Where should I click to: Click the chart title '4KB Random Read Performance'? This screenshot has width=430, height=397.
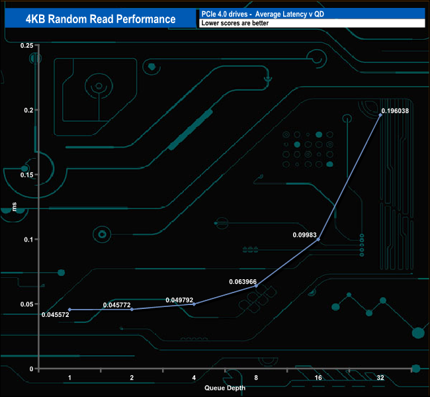coord(100,19)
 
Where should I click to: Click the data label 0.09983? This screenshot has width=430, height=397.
coord(306,234)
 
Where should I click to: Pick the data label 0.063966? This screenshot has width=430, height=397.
coord(243,281)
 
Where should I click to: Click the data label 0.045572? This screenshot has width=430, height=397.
coord(55,314)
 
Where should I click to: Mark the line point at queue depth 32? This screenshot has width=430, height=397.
coord(380,115)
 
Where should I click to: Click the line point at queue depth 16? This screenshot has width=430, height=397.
coord(318,240)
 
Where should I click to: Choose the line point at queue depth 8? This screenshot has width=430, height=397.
coord(256,286)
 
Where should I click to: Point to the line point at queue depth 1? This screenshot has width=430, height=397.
coord(69,310)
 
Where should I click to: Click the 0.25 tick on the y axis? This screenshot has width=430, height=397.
coord(26,45)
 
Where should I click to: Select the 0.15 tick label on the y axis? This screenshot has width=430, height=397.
coord(26,175)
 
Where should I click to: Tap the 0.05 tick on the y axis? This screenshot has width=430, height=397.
coord(26,304)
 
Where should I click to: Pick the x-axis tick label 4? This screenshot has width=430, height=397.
coord(194,377)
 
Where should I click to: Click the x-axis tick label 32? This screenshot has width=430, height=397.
coord(380,377)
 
